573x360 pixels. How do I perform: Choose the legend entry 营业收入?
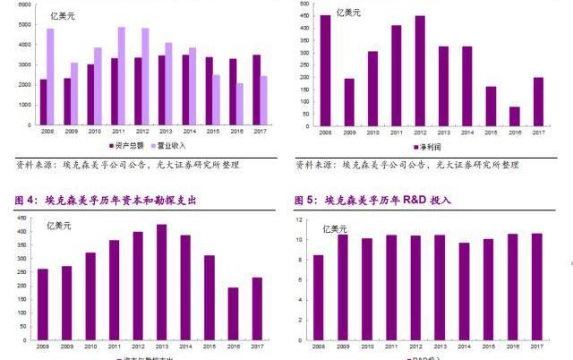(x=170, y=145)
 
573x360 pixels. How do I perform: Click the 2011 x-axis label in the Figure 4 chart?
(x=113, y=345)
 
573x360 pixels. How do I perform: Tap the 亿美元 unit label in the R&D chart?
(x=335, y=229)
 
